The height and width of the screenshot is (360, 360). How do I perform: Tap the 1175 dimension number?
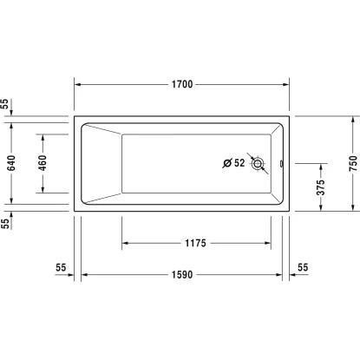(196, 244)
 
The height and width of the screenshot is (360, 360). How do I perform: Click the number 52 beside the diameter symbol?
(239, 162)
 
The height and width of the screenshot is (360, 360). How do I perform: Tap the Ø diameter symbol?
(226, 162)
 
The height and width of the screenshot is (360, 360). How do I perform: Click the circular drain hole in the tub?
(258, 162)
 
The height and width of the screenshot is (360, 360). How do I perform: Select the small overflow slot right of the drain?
(280, 162)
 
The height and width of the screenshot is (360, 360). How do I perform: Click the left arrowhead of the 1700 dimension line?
(75, 85)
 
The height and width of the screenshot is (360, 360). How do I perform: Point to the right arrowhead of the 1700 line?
(288, 85)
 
